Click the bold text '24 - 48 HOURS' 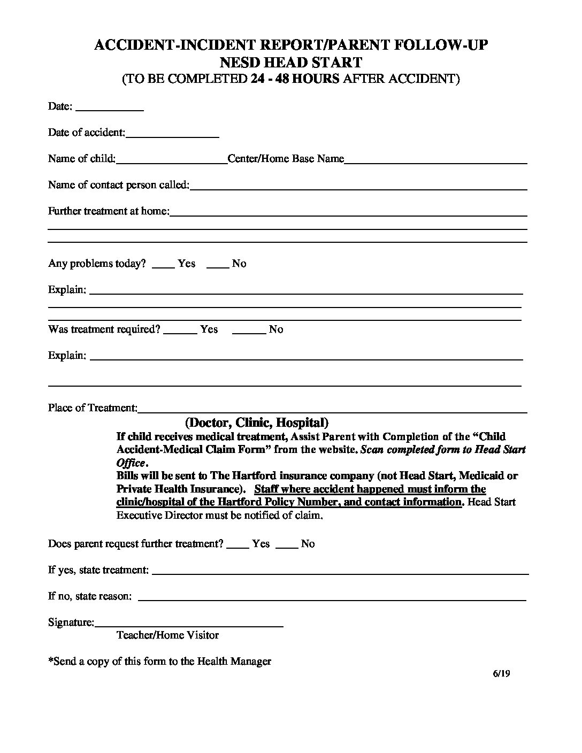(x=295, y=79)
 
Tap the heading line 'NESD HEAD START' (x=291, y=62)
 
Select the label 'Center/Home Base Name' (x=286, y=159)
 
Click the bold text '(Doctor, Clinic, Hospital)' (x=257, y=422)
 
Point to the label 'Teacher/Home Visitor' (x=167, y=635)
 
